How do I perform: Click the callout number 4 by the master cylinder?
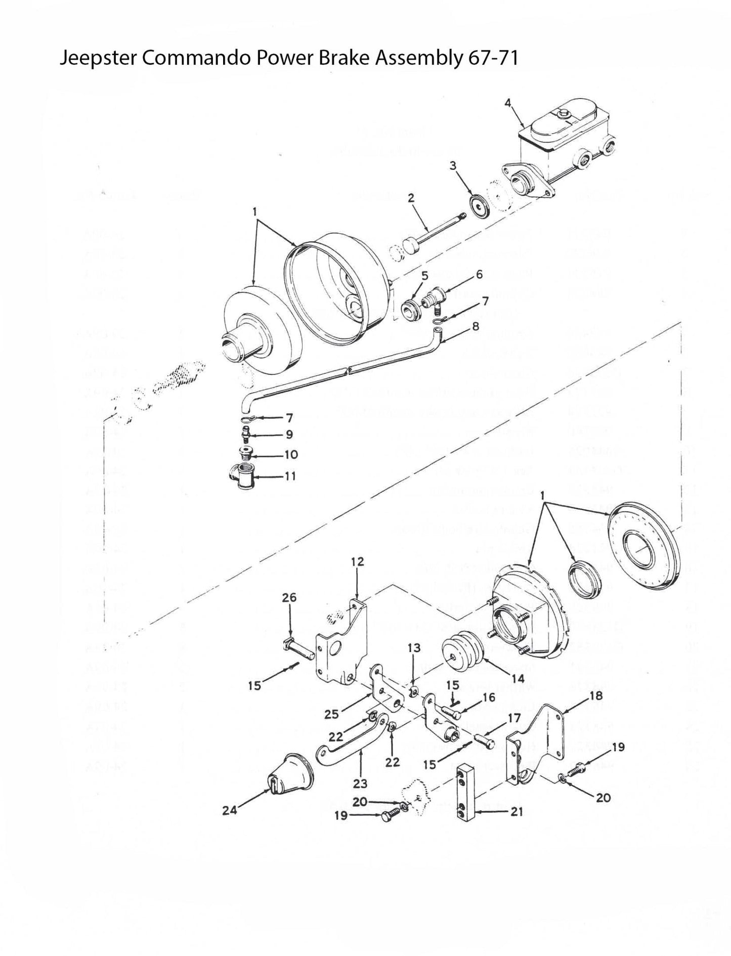coord(508,103)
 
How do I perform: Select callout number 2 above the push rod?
coord(411,198)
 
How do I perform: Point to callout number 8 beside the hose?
coord(475,327)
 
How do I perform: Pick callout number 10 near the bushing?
coord(291,455)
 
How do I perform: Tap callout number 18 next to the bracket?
coord(596,696)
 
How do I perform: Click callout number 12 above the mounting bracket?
coord(357,561)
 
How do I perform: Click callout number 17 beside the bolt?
coord(514,718)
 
